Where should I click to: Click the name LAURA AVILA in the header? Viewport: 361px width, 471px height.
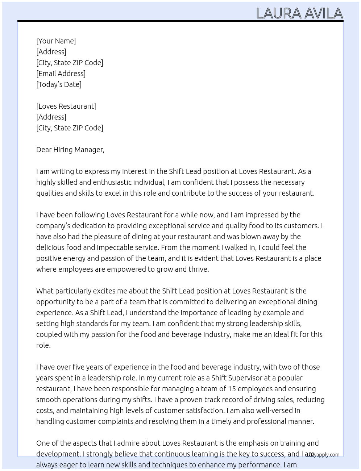[299, 13]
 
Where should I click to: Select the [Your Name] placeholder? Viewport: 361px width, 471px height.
[56, 41]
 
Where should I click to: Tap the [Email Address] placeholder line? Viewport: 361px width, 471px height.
[61, 74]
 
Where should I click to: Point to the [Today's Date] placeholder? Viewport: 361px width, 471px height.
[59, 84]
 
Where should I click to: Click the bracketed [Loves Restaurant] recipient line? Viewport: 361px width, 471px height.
[66, 106]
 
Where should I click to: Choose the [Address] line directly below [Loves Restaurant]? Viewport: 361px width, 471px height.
[51, 117]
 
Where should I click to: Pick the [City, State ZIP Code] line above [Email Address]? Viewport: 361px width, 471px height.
[70, 63]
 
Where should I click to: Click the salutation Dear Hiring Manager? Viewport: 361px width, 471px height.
[70, 150]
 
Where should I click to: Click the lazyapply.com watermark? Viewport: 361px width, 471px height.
[323, 455]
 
